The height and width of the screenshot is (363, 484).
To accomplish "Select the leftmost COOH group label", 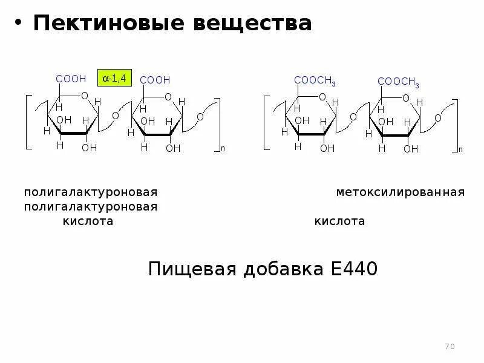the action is coord(71,79).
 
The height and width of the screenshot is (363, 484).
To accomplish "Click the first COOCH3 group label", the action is coord(315,80).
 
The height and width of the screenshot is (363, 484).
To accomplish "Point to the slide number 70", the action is coord(449,347).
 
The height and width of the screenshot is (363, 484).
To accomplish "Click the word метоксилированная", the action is coord(401,192).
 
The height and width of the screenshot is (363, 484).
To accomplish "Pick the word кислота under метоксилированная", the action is coord(339,221).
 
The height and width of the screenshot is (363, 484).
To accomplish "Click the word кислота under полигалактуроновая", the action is coord(88,221).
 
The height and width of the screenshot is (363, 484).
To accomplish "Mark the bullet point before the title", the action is coord(18,24).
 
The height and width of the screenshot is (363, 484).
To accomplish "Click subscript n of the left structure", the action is coord(222,148).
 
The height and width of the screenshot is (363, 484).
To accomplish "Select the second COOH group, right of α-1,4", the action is coord(155,80).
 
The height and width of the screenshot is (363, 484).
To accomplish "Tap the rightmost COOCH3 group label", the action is coord(398,82).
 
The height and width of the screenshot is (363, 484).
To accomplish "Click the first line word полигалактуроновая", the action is coord(91,192).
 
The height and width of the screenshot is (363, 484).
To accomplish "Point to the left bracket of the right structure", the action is coord(266,121).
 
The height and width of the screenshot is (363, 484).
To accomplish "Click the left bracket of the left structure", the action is coord(28,121).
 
